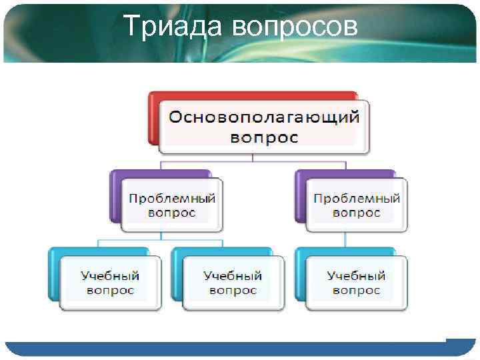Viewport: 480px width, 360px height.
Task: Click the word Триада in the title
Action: pos(174,27)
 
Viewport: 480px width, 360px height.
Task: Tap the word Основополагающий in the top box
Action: pos(264,117)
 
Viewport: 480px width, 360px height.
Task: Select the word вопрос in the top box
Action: pos(264,137)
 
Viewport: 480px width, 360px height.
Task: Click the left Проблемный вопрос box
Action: pos(171,206)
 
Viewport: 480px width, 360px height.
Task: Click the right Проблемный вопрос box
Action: pos(356,206)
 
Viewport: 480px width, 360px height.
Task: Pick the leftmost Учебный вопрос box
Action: pos(110,283)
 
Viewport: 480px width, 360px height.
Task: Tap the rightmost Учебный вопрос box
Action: pos(356,283)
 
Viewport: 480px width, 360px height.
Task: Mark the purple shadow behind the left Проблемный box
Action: pos(115,197)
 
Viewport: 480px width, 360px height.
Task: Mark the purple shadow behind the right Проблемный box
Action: pos(299,197)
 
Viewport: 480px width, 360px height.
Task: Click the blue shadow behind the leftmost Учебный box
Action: pos(54,273)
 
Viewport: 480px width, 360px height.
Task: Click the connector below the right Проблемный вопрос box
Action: pos(345,240)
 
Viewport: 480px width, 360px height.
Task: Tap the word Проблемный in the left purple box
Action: pos(171,199)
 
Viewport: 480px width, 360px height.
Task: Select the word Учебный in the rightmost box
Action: pos(356,275)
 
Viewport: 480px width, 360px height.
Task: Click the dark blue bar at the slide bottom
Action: pos(227,349)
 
